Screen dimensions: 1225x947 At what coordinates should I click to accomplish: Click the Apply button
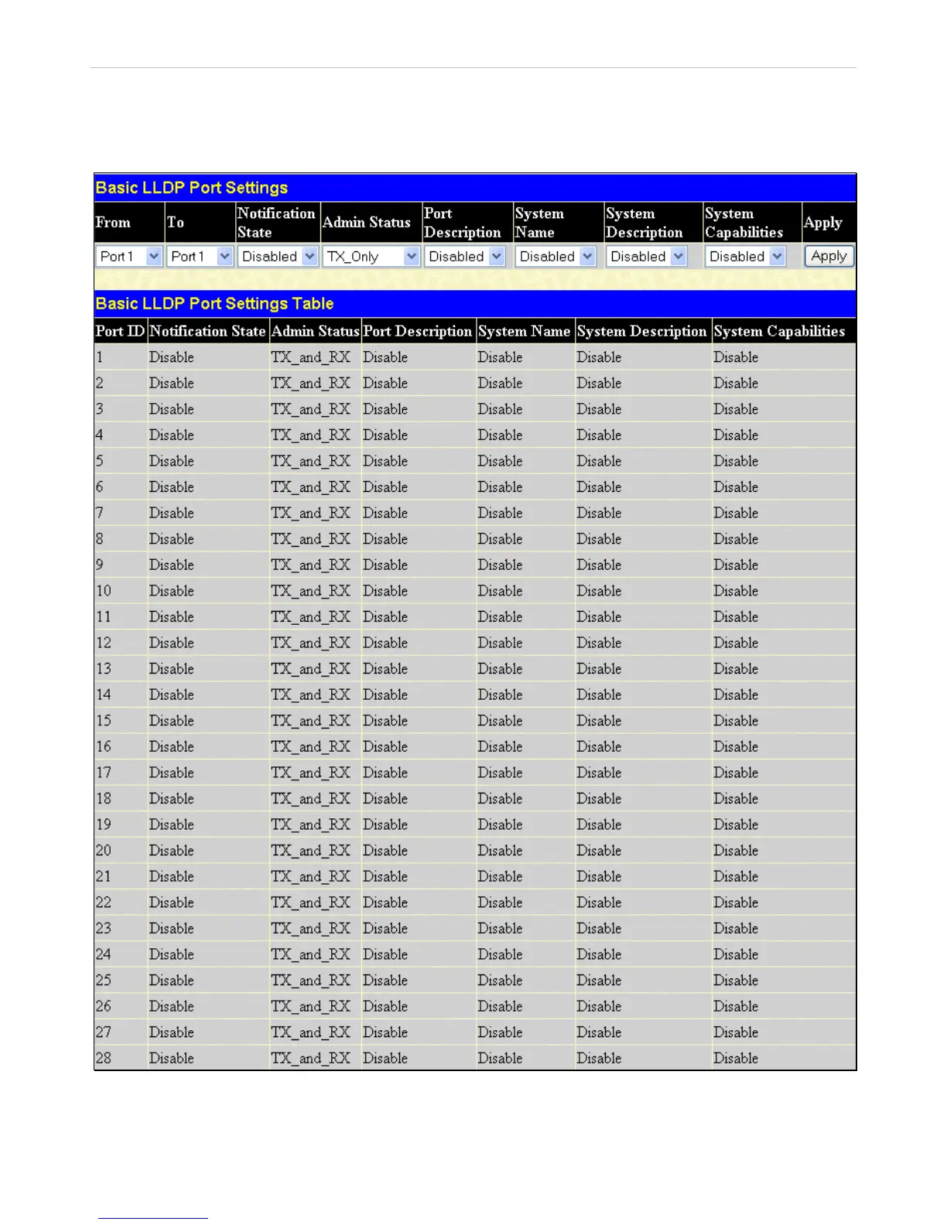(829, 256)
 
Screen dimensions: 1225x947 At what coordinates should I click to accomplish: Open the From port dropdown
(129, 256)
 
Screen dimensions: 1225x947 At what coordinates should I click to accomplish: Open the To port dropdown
(200, 256)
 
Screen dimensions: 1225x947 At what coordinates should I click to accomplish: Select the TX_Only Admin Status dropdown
(371, 256)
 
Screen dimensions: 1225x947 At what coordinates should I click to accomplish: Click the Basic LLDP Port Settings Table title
(214, 303)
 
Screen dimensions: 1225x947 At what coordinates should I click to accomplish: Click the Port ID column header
(120, 331)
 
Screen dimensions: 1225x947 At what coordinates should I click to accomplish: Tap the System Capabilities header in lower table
(778, 331)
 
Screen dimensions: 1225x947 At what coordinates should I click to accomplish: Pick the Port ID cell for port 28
(104, 1058)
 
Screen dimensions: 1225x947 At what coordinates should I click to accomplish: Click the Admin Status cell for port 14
(310, 694)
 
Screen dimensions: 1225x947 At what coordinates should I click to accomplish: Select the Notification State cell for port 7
(172, 513)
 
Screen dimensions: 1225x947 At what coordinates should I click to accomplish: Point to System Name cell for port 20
(500, 850)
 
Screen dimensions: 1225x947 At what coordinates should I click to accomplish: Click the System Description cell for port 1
(599, 357)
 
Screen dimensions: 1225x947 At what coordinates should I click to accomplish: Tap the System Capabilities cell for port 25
(736, 980)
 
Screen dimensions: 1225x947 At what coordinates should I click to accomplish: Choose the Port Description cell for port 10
(385, 591)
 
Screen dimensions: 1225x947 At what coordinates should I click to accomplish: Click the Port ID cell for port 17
(104, 773)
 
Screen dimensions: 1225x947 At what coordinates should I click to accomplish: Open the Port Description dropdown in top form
(465, 256)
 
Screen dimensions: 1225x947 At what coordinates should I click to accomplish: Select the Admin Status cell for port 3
(310, 409)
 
